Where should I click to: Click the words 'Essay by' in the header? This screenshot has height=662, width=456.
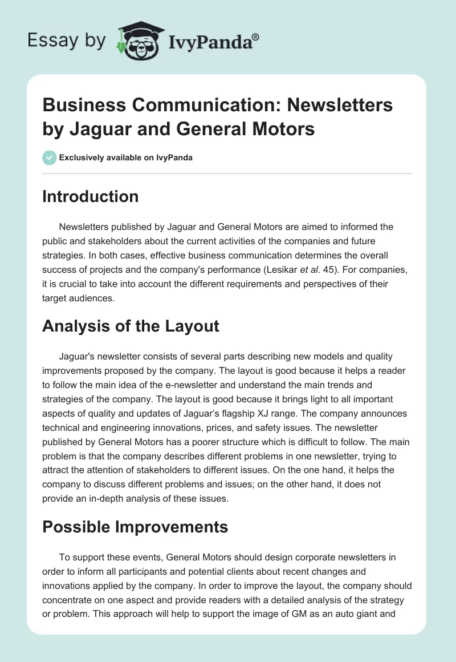click(67, 41)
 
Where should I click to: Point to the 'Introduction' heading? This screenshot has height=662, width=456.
click(91, 196)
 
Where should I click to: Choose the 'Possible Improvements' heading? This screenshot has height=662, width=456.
click(135, 526)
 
